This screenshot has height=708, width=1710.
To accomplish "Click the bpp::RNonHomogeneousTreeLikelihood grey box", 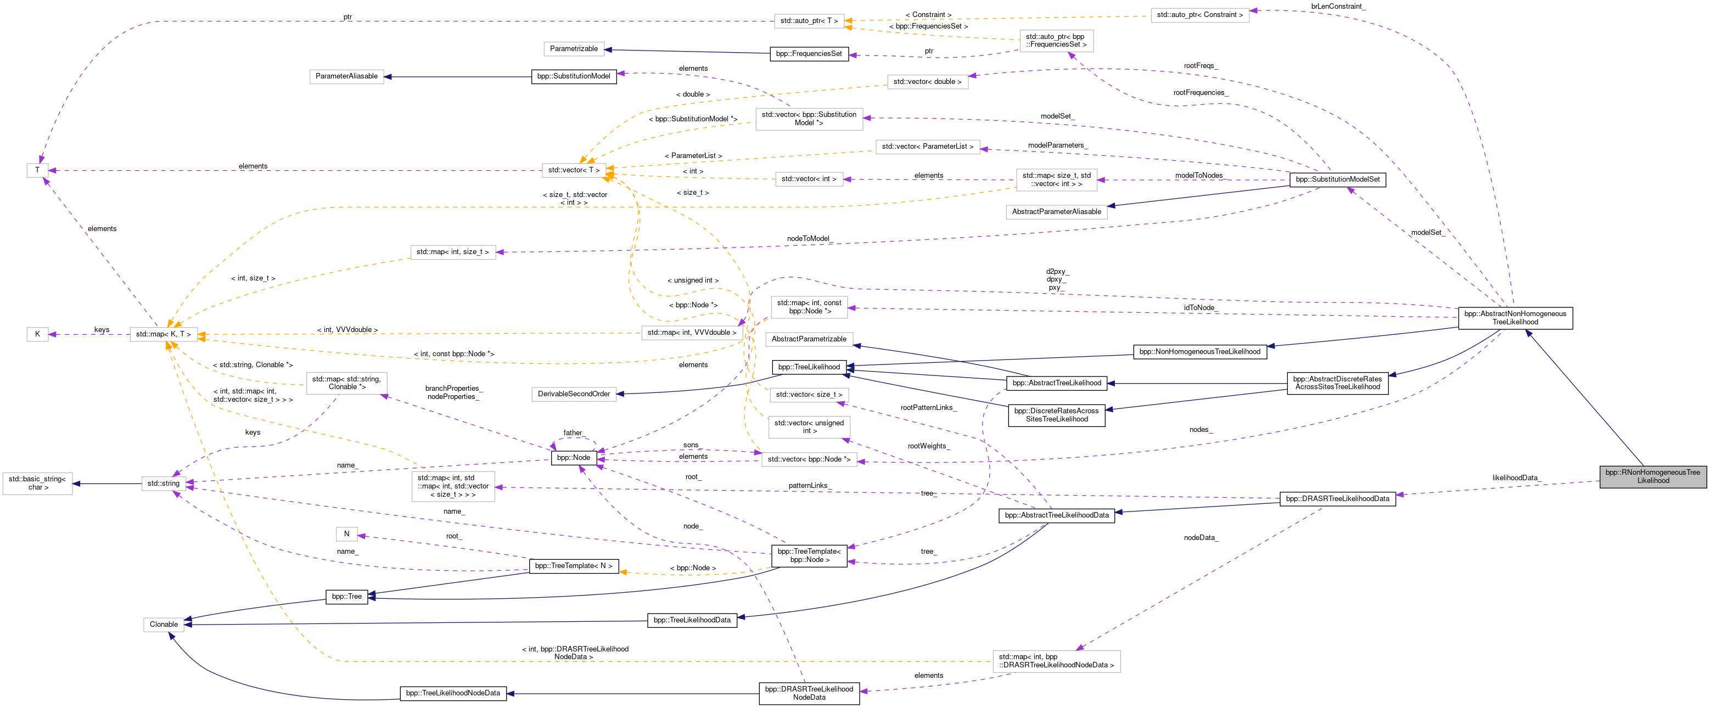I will pos(1652,476).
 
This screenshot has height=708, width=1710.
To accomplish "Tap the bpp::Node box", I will pos(574,457).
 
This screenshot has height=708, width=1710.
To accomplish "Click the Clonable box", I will pos(163,625).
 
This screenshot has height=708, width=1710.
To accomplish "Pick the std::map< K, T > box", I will pos(163,334).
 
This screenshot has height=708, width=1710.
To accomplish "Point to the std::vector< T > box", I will pos(574,171).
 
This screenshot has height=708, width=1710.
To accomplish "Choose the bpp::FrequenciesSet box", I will pos(809,54).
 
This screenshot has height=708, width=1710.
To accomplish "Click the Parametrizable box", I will pos(574,48).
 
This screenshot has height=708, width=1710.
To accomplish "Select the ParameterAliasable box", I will pos(346,76).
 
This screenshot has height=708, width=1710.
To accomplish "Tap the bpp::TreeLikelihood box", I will pos(809,367).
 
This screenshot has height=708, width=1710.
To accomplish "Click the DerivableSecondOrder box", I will pos(574,394).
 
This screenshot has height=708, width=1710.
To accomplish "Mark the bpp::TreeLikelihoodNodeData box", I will pos(453,693).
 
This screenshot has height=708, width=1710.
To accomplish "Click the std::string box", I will pos(163,483).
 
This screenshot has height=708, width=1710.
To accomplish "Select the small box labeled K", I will pos(37,334).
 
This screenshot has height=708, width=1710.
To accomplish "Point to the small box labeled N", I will pos(346,533).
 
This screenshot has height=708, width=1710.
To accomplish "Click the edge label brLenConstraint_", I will pos(1338,7).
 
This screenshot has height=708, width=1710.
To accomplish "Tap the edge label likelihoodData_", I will pos(1516,477).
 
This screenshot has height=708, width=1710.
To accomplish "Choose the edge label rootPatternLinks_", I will pos(928,407).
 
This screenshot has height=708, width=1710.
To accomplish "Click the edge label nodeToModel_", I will pos(809,239).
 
